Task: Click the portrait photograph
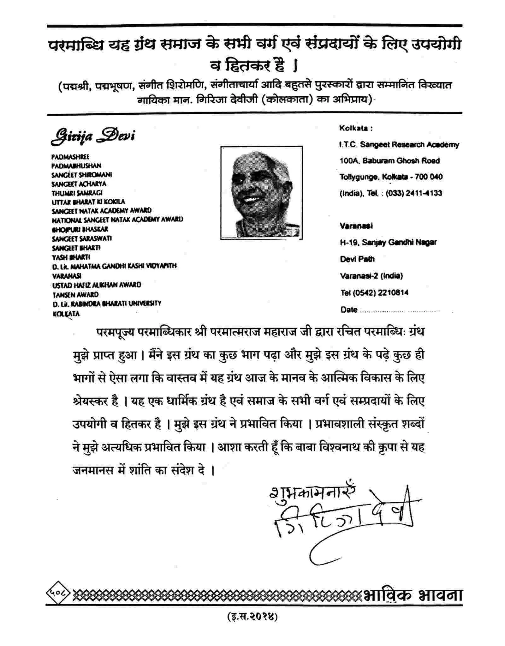(261, 192)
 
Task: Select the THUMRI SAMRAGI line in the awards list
(77, 193)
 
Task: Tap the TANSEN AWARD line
(75, 294)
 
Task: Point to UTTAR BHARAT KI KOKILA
(88, 202)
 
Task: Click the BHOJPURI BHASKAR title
(80, 229)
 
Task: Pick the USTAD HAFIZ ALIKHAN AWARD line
(97, 285)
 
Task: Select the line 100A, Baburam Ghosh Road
(389, 160)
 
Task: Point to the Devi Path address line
(357, 259)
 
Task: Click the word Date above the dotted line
(349, 310)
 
